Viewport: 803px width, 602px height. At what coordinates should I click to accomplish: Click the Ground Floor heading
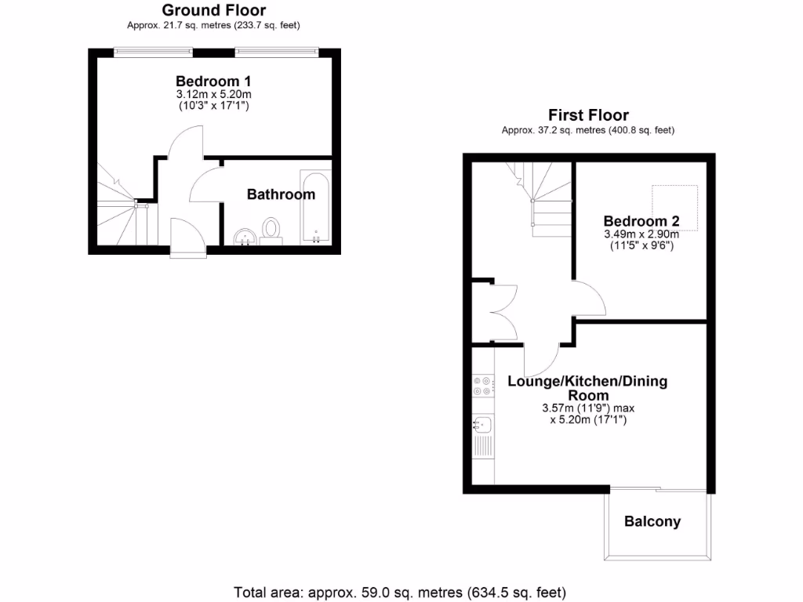213,10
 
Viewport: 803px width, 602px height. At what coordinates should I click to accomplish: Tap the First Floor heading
588,115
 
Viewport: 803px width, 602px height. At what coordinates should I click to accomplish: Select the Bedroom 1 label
213,81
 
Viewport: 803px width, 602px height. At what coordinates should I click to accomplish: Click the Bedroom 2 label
641,221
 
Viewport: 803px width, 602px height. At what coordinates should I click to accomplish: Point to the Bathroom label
281,194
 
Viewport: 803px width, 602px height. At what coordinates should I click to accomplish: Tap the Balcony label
652,521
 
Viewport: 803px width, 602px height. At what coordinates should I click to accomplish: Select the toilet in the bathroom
271,230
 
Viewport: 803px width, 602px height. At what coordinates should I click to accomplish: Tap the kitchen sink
482,426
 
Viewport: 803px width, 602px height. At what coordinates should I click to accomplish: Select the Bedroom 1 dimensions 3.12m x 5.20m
213,94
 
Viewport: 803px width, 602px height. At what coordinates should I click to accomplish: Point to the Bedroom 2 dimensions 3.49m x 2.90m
641,234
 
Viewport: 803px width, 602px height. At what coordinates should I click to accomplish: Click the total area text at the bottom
400,591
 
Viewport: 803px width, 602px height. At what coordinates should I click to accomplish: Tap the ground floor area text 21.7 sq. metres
213,25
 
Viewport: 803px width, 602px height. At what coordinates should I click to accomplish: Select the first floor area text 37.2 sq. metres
588,130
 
